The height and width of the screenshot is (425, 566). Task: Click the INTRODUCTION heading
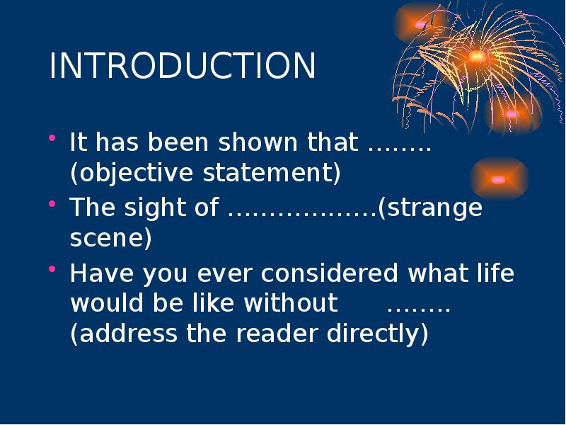click(183, 67)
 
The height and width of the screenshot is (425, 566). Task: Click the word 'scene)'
click(110, 239)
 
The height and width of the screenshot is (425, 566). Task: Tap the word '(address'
click(123, 334)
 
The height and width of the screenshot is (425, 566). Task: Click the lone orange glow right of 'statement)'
click(499, 179)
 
